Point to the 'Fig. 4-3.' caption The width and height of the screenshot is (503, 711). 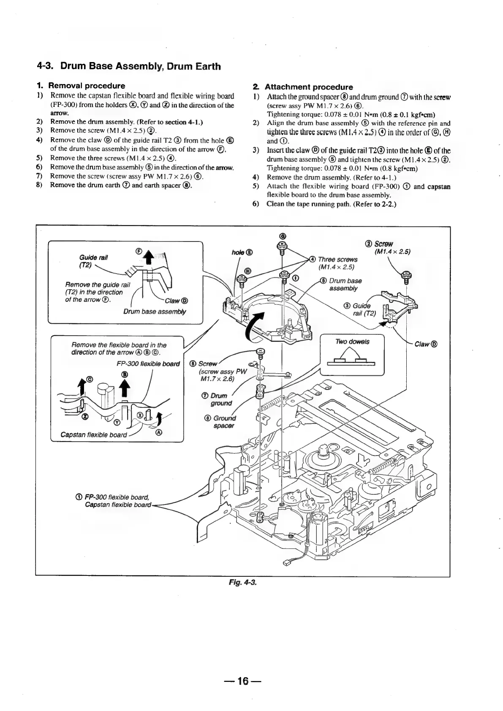[x=242, y=582]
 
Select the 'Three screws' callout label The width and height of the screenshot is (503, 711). [x=338, y=259]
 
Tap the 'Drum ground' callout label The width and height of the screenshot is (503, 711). [x=219, y=399]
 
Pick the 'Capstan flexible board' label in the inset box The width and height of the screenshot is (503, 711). [x=93, y=435]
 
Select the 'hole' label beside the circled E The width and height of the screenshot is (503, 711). [x=239, y=252]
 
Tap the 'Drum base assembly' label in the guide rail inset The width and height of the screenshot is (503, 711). [x=154, y=312]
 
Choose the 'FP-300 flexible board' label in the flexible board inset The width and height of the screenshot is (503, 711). [x=148, y=364]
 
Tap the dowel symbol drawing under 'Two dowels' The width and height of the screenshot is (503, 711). [x=351, y=361]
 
